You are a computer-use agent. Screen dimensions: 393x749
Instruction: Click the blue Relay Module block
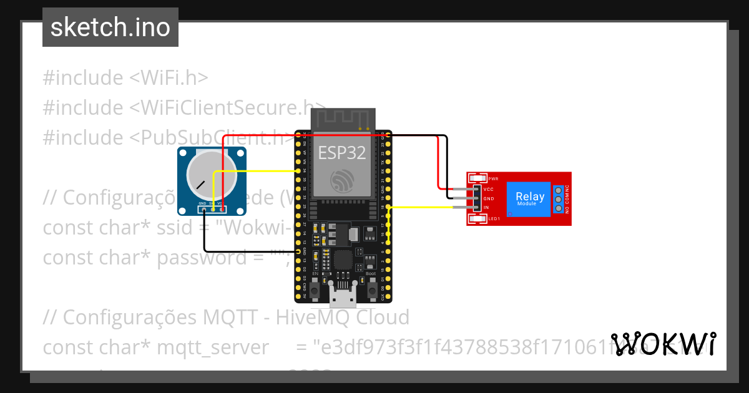click(528, 199)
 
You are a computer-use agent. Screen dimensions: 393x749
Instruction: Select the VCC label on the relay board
click(489, 189)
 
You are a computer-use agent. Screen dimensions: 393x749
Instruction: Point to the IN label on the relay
click(486, 207)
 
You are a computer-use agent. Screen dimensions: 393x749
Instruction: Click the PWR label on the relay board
click(493, 178)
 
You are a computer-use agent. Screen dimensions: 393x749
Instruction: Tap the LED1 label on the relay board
click(494, 218)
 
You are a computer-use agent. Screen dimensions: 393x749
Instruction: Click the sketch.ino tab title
click(110, 28)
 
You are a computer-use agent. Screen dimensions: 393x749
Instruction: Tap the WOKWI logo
click(663, 344)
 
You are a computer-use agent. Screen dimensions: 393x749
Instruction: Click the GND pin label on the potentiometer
click(202, 203)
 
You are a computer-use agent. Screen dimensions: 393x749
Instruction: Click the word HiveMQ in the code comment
click(314, 318)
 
